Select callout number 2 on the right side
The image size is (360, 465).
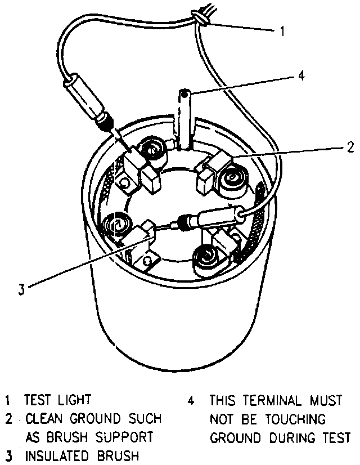point(350,147)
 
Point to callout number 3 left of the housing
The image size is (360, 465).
point(21,290)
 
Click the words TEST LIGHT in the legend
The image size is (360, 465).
point(57,401)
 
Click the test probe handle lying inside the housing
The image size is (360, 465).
point(216,218)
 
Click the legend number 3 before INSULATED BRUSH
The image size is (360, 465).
point(8,455)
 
